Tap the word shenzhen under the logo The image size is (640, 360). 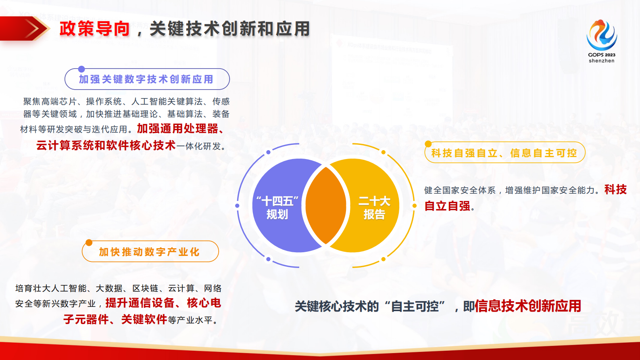[601, 61]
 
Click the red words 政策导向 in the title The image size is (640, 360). [94, 29]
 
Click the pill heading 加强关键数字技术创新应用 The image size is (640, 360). [146, 80]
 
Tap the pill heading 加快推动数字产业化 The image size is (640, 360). [149, 252]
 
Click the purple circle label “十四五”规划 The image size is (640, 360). [277, 207]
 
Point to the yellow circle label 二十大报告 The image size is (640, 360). [374, 207]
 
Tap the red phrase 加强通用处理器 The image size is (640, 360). [177, 129]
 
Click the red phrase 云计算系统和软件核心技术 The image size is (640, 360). [106, 146]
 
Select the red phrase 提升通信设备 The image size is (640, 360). [140, 303]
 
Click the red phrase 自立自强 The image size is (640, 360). [447, 206]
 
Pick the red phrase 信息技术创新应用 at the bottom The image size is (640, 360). [528, 306]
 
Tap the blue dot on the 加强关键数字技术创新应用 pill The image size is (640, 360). [81, 69]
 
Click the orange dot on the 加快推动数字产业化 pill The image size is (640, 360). [89, 243]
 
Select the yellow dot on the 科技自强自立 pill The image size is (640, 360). [428, 144]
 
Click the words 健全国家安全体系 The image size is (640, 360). [460, 190]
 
